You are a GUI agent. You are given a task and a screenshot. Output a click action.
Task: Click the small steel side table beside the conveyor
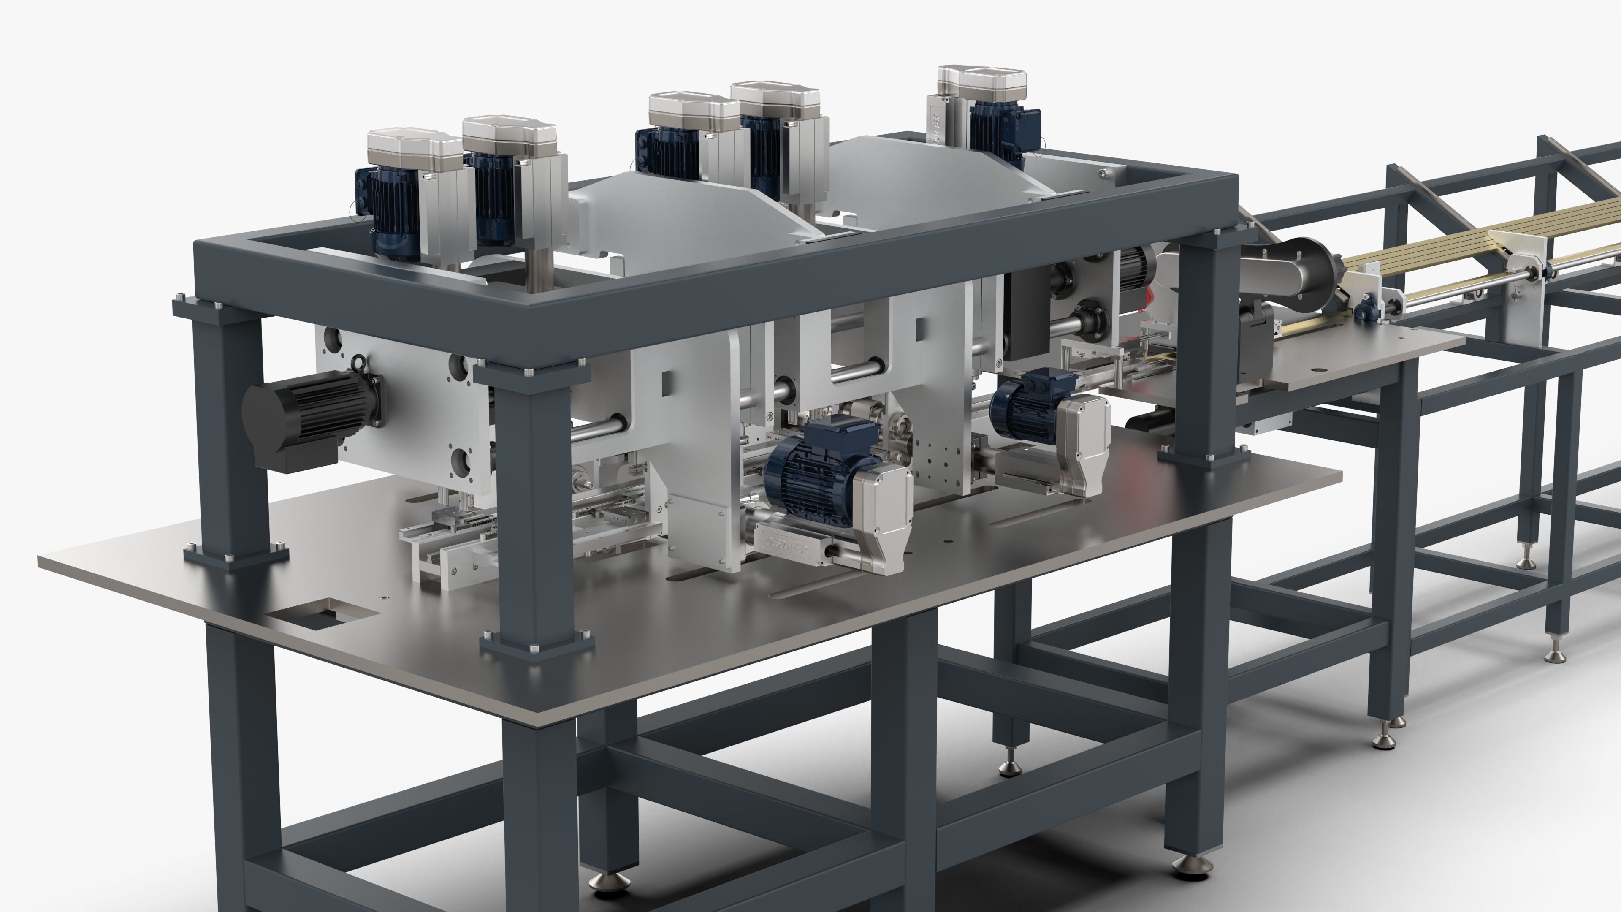(1353, 353)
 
